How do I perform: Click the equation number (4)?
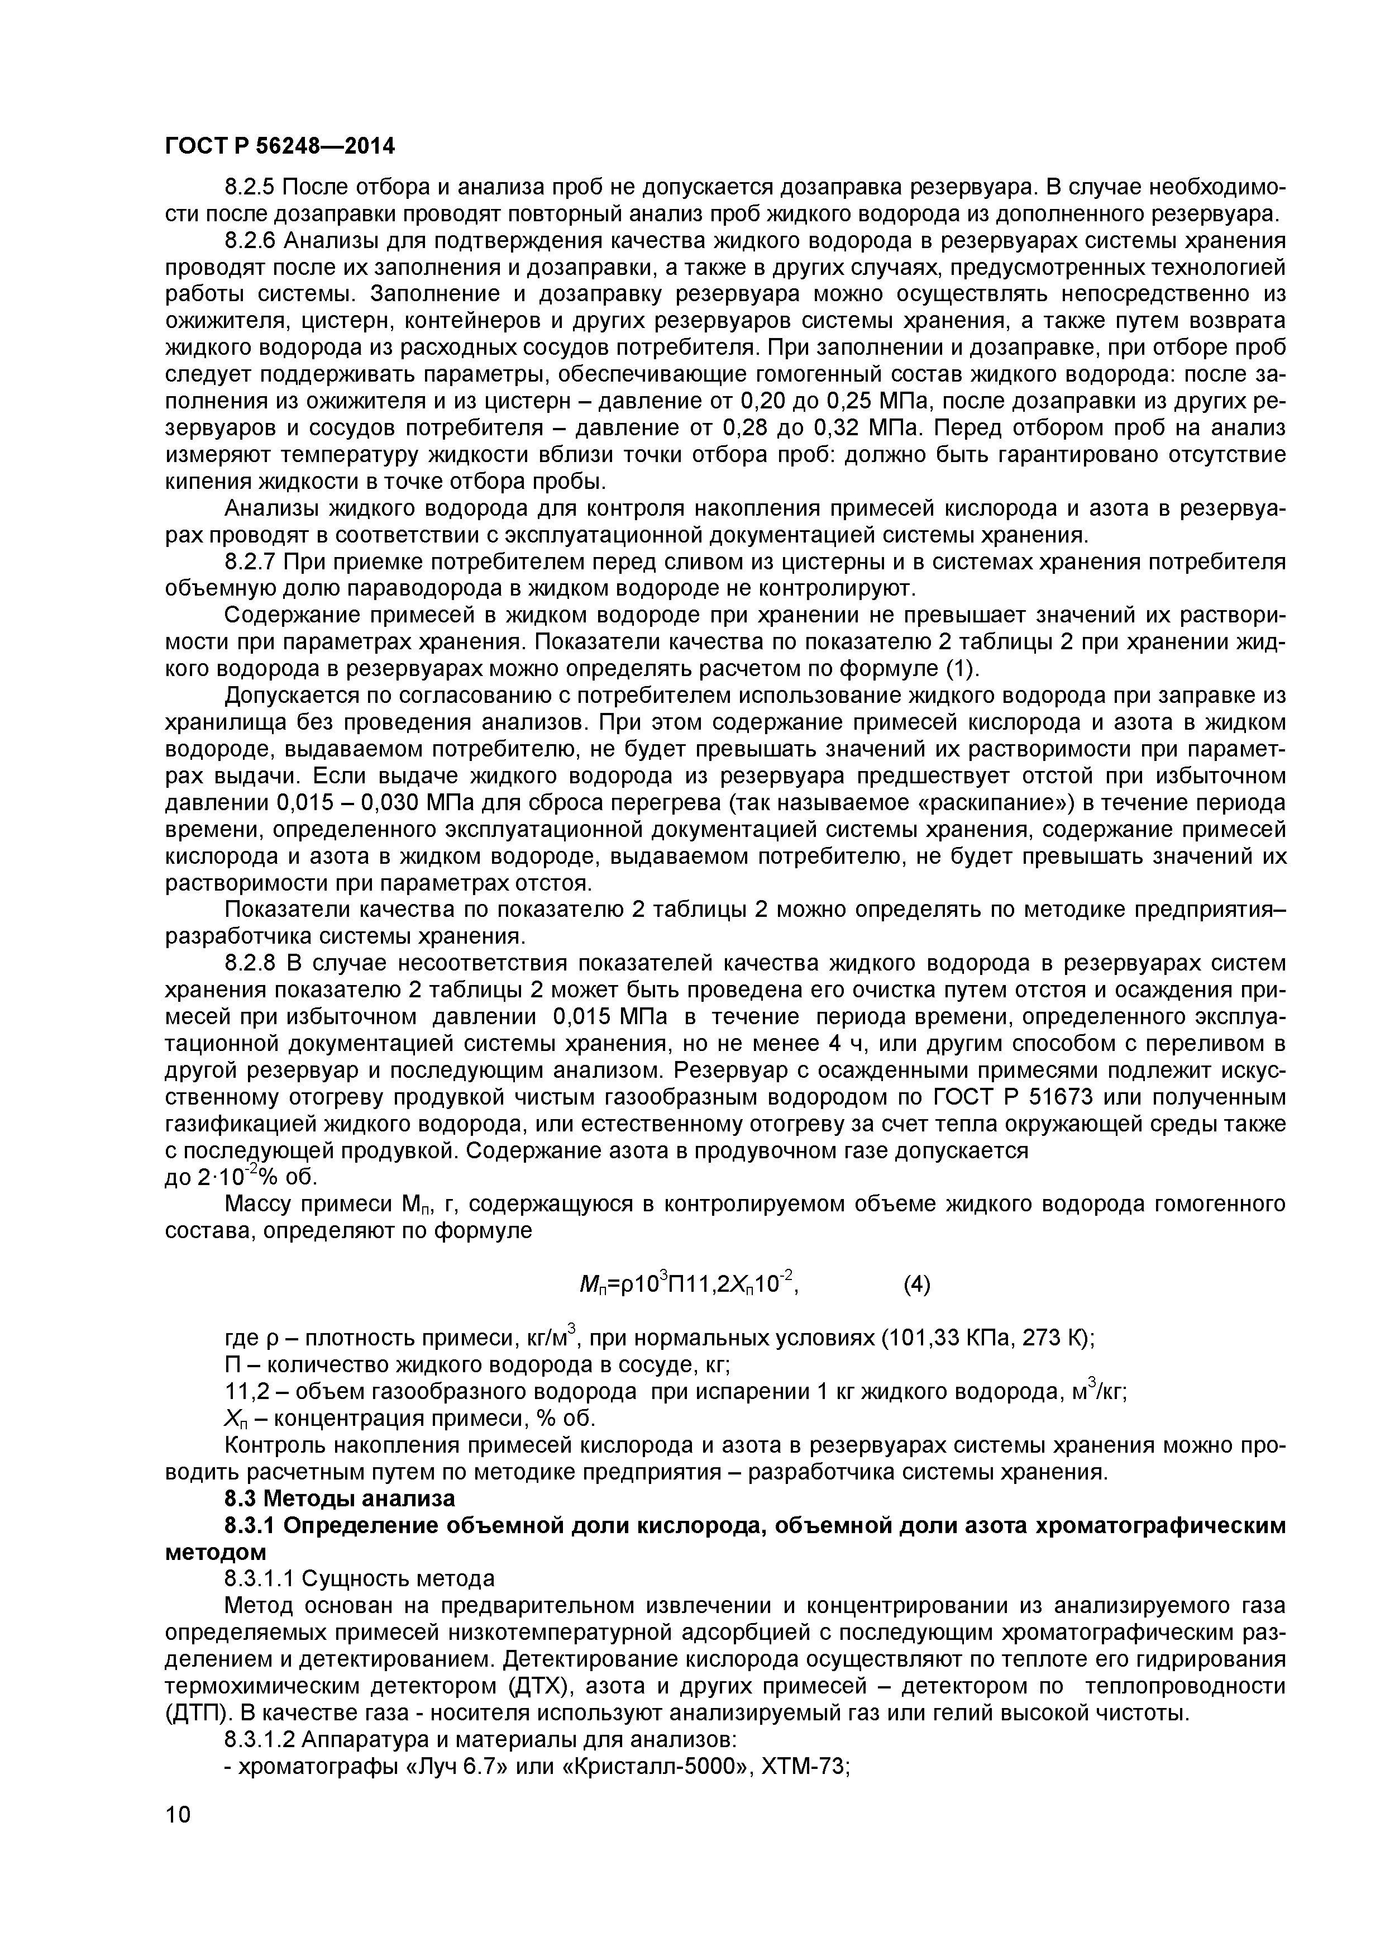tap(916, 1285)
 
